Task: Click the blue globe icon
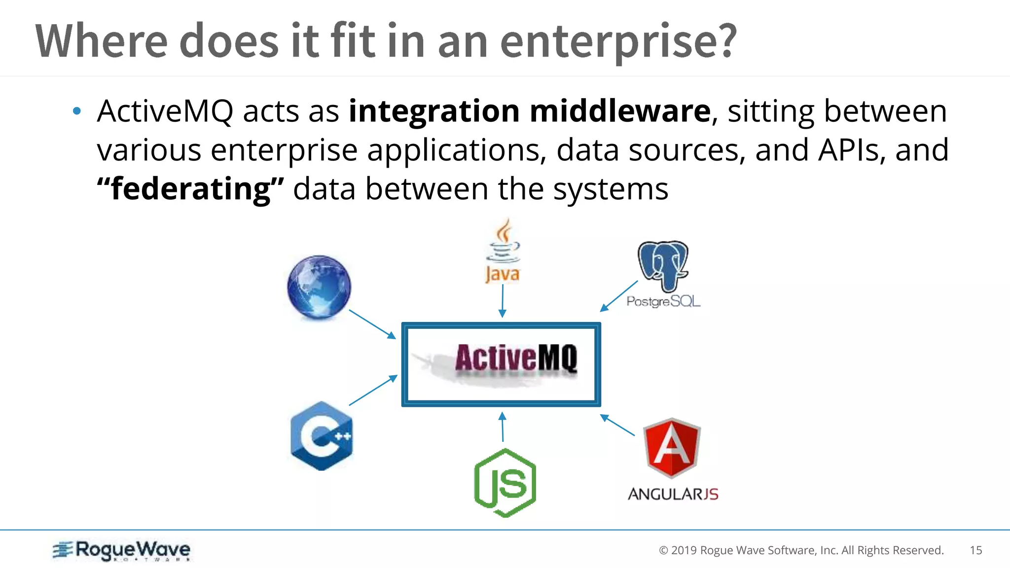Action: pos(319,287)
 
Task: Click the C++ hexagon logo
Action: pos(322,436)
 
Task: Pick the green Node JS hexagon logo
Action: pos(505,483)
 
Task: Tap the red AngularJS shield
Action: pos(672,448)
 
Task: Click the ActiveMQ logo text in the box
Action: pos(516,358)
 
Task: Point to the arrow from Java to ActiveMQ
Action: pos(502,301)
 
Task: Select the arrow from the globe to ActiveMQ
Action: pos(372,324)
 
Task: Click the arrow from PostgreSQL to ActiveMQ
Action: pos(619,296)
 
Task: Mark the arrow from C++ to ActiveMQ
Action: pos(373,390)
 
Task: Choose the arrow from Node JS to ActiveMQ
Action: pos(503,427)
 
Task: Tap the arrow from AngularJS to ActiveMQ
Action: pos(617,426)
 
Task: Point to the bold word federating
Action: pos(190,189)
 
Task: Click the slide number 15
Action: pos(975,550)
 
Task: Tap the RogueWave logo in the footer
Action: pos(122,550)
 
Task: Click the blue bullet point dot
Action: pos(76,111)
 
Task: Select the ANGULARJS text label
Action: pos(673,494)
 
